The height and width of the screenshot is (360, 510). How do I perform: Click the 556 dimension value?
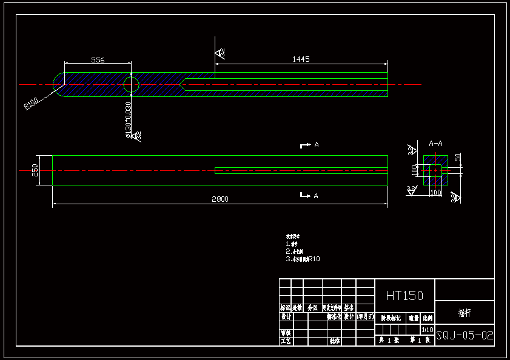[98, 60]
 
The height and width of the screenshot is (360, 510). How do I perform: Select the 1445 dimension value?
[301, 59]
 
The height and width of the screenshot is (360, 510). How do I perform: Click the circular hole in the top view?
[131, 84]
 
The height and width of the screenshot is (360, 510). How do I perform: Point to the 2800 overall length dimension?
[220, 199]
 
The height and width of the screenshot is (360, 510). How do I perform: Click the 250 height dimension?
[35, 170]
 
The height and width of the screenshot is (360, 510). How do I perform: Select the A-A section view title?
[435, 144]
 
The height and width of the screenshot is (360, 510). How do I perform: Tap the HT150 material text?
[404, 295]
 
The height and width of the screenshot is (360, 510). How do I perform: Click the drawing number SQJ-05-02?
[465, 335]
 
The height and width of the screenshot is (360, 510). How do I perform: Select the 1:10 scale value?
[428, 330]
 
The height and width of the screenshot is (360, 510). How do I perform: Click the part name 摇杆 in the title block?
[465, 314]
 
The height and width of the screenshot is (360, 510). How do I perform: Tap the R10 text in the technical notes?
[314, 259]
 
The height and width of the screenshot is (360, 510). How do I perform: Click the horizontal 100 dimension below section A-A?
[435, 192]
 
